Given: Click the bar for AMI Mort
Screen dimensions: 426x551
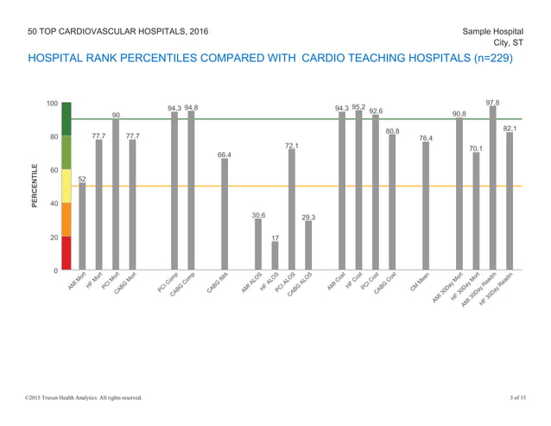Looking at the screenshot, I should pyautogui.click(x=82, y=226).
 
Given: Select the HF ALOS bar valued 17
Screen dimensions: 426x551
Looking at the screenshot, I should pyautogui.click(x=275, y=256).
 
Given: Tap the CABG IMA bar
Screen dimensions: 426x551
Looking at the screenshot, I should pyautogui.click(x=225, y=214).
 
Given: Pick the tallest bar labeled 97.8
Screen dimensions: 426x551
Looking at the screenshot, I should pyautogui.click(x=492, y=188).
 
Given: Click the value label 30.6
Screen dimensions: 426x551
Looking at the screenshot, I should pyautogui.click(x=258, y=214).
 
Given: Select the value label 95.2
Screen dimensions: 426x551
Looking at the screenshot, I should pyautogui.click(x=358, y=107).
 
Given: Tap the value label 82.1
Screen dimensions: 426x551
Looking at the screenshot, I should pyautogui.click(x=510, y=128).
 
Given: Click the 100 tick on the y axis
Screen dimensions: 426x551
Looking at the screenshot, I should pyautogui.click(x=53, y=104).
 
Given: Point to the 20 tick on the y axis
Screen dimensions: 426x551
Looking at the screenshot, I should pyautogui.click(x=55, y=237).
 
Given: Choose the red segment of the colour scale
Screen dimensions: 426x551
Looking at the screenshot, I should pyautogui.click(x=66, y=253).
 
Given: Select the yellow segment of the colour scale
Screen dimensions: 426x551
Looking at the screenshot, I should pyautogui.click(x=66, y=186).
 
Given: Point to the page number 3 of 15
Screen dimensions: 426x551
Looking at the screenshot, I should pyautogui.click(x=516, y=397).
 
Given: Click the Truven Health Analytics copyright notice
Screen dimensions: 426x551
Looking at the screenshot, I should pyautogui.click(x=83, y=397).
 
